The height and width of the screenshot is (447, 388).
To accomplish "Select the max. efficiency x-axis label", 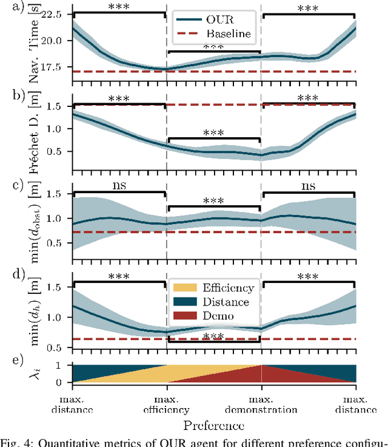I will click(167, 404).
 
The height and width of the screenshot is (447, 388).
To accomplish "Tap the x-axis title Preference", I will click(214, 423).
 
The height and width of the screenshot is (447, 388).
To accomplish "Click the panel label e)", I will click(10, 361).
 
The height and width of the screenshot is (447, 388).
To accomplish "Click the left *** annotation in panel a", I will click(119, 7).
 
